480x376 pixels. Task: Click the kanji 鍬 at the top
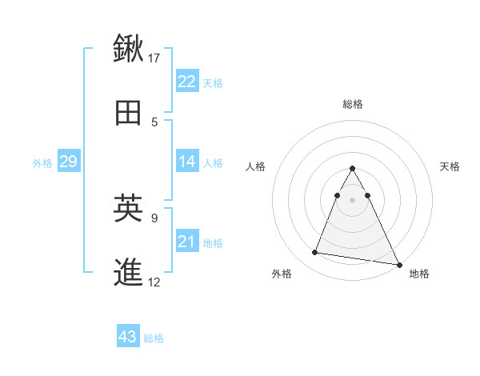(x=129, y=47)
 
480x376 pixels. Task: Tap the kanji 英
(x=129, y=208)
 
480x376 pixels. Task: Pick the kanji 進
(x=129, y=272)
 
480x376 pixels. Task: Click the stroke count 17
(x=154, y=58)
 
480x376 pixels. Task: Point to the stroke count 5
(x=154, y=122)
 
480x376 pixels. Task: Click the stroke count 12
(x=154, y=282)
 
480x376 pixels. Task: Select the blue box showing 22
(x=187, y=82)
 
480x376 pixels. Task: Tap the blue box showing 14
(x=187, y=162)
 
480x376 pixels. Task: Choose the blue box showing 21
(x=187, y=242)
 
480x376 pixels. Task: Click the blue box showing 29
(x=68, y=162)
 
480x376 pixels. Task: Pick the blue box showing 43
(x=128, y=337)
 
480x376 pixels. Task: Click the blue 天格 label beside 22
(x=213, y=82)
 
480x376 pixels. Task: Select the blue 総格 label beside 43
(x=154, y=338)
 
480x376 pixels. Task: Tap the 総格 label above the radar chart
(x=353, y=104)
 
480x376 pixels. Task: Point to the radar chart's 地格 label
(x=419, y=274)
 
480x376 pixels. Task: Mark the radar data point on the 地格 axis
(x=399, y=265)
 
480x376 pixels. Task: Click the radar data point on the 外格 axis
(x=315, y=253)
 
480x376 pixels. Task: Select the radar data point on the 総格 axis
(x=353, y=168)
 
